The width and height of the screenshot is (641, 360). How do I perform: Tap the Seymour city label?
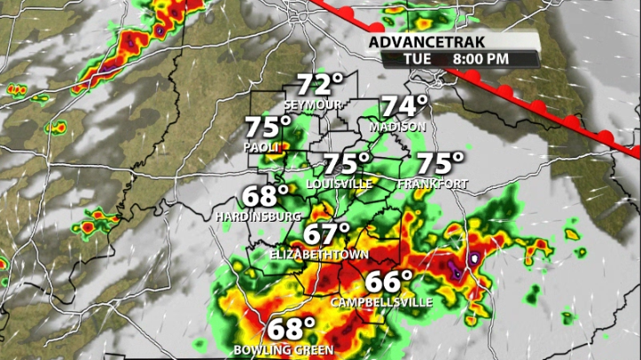click(x=313, y=105)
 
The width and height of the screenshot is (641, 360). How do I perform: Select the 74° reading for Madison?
click(x=404, y=107)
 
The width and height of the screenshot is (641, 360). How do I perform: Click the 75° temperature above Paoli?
click(x=269, y=128)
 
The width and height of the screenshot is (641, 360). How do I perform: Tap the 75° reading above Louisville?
click(x=346, y=164)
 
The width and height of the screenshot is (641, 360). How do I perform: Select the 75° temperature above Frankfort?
click(x=441, y=164)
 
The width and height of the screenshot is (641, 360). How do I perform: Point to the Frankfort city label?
click(x=433, y=184)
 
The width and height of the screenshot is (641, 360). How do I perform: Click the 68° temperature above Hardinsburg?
click(x=265, y=196)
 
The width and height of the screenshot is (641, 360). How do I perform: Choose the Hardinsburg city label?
click(x=258, y=215)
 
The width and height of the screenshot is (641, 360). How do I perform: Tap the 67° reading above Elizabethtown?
click(x=327, y=235)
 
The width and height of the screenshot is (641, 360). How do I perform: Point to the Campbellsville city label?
click(x=382, y=302)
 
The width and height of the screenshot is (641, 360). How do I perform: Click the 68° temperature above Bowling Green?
click(x=293, y=329)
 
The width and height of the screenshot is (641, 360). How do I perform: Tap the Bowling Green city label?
click(x=284, y=349)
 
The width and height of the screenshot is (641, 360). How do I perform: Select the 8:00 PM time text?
click(x=481, y=59)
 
